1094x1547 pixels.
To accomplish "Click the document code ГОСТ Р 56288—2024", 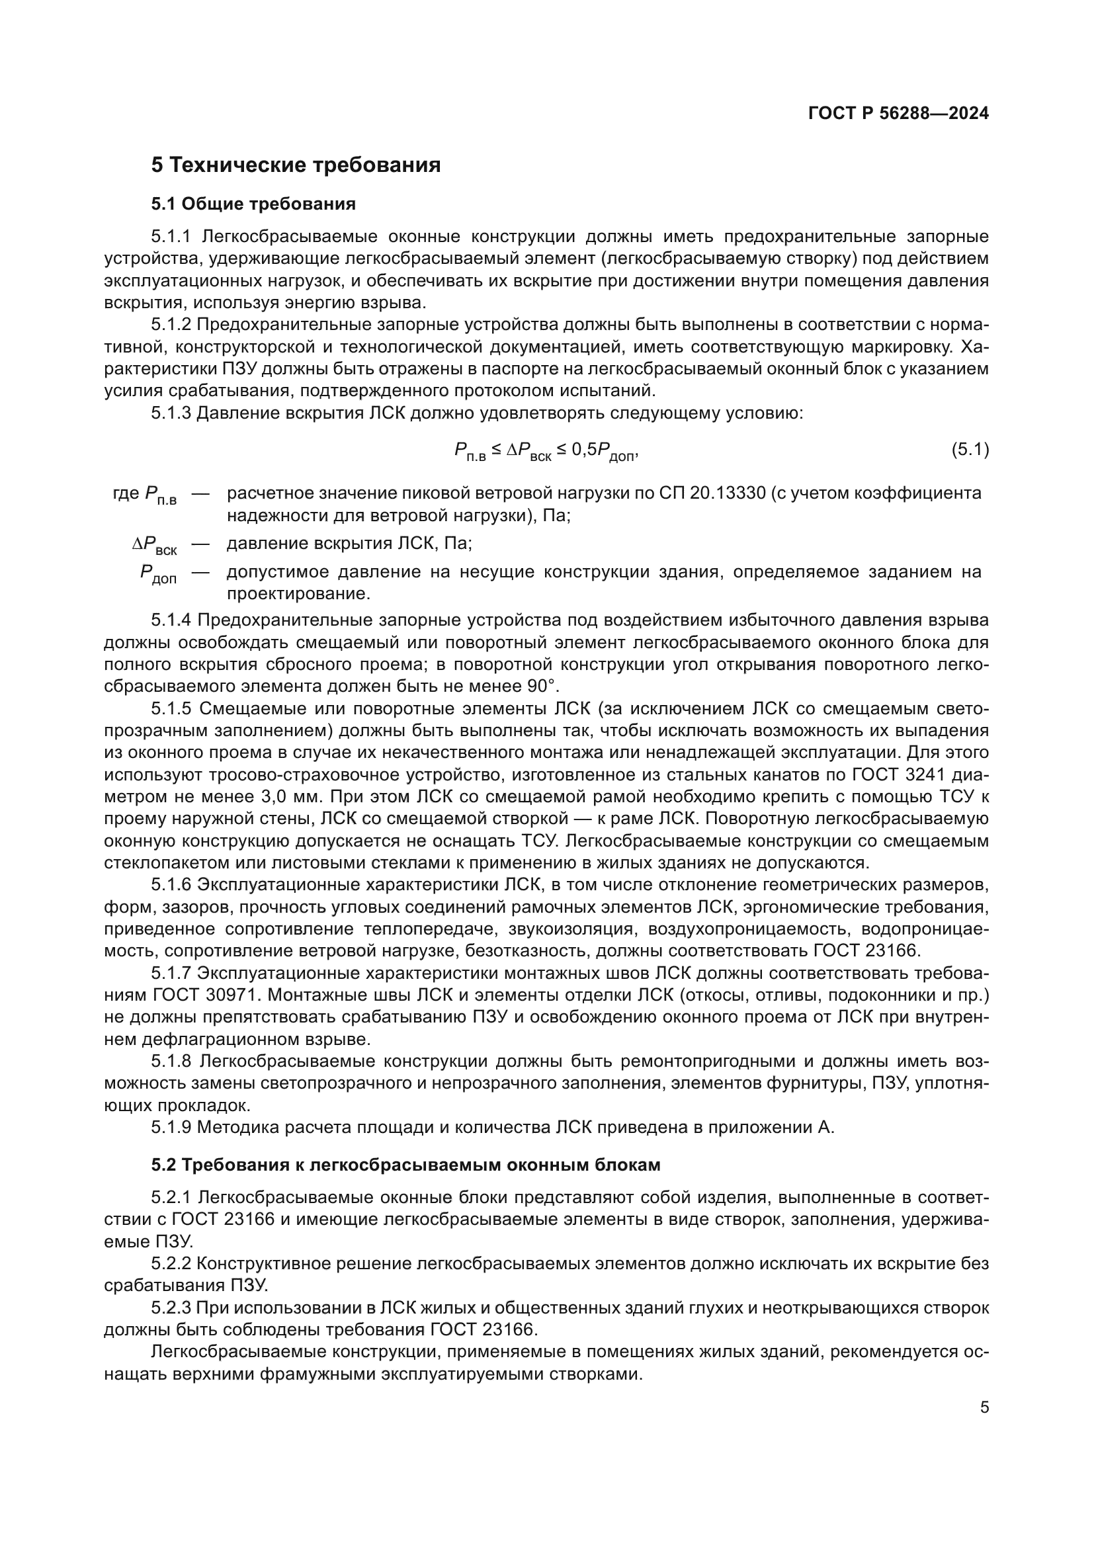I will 898,113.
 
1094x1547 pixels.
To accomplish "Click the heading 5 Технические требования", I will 296,165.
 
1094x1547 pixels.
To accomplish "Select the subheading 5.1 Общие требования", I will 253,204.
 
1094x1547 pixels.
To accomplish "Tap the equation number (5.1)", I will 970,449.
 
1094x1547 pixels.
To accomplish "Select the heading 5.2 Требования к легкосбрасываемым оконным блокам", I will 405,1165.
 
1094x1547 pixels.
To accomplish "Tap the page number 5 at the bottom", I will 984,1407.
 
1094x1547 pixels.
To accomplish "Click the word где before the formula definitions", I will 126,493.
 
